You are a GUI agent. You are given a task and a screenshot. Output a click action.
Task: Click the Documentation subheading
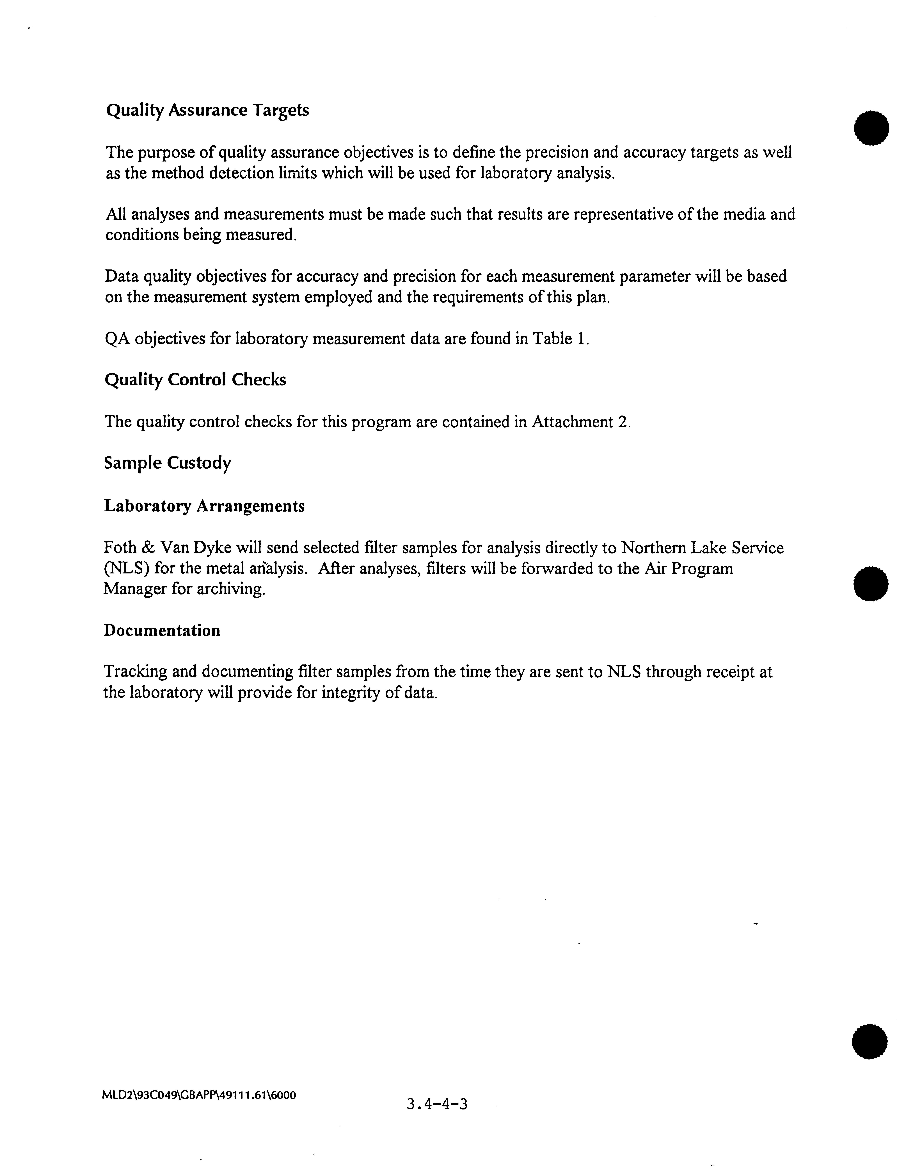[162, 630]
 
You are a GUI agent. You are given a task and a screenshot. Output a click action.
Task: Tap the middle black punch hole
[871, 583]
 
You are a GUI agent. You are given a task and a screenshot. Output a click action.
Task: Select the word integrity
[357, 693]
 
